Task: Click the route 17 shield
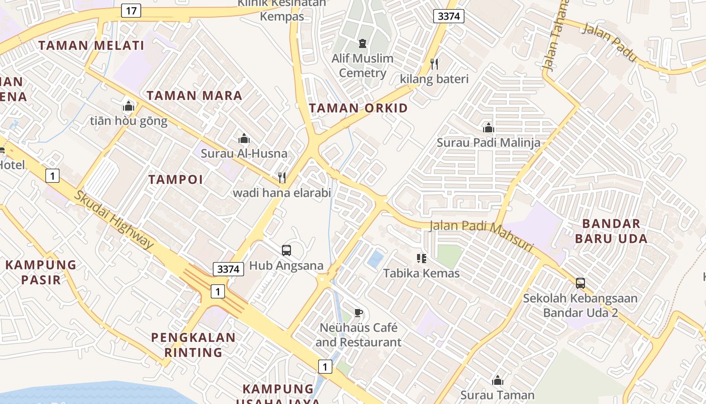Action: [x=131, y=11]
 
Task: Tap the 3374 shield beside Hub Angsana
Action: [x=228, y=269]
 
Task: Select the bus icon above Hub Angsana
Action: [x=286, y=250]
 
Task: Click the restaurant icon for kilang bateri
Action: [x=434, y=64]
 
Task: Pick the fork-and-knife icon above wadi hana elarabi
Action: [x=282, y=177]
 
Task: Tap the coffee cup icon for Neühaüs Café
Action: [x=358, y=313]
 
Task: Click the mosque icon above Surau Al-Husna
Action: [x=244, y=138]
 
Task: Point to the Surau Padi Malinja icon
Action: [x=488, y=128]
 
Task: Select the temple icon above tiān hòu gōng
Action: [x=129, y=106]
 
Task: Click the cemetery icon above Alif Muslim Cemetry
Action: [x=362, y=43]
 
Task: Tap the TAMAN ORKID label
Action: [x=358, y=108]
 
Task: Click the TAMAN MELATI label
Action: [x=91, y=45]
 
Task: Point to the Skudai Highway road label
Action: [x=114, y=220]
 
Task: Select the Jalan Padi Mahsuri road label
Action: [x=481, y=235]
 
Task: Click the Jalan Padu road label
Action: [x=609, y=42]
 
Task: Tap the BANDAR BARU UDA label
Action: [x=615, y=231]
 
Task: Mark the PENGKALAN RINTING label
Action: [x=193, y=344]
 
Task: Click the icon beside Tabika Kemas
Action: [x=422, y=259]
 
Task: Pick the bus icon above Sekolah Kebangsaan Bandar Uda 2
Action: [x=580, y=283]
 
